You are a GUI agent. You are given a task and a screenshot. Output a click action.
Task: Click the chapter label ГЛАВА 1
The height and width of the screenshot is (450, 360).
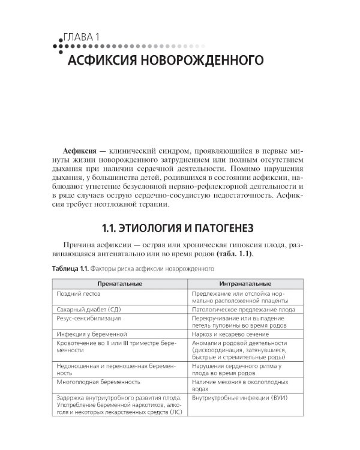click(x=85, y=37)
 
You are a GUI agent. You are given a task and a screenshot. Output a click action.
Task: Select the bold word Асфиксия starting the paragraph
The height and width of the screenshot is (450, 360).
click(x=80, y=150)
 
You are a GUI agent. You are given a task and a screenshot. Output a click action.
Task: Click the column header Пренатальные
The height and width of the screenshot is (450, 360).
click(x=120, y=283)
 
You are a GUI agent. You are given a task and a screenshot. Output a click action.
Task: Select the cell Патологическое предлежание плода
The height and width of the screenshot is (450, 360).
click(x=244, y=309)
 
